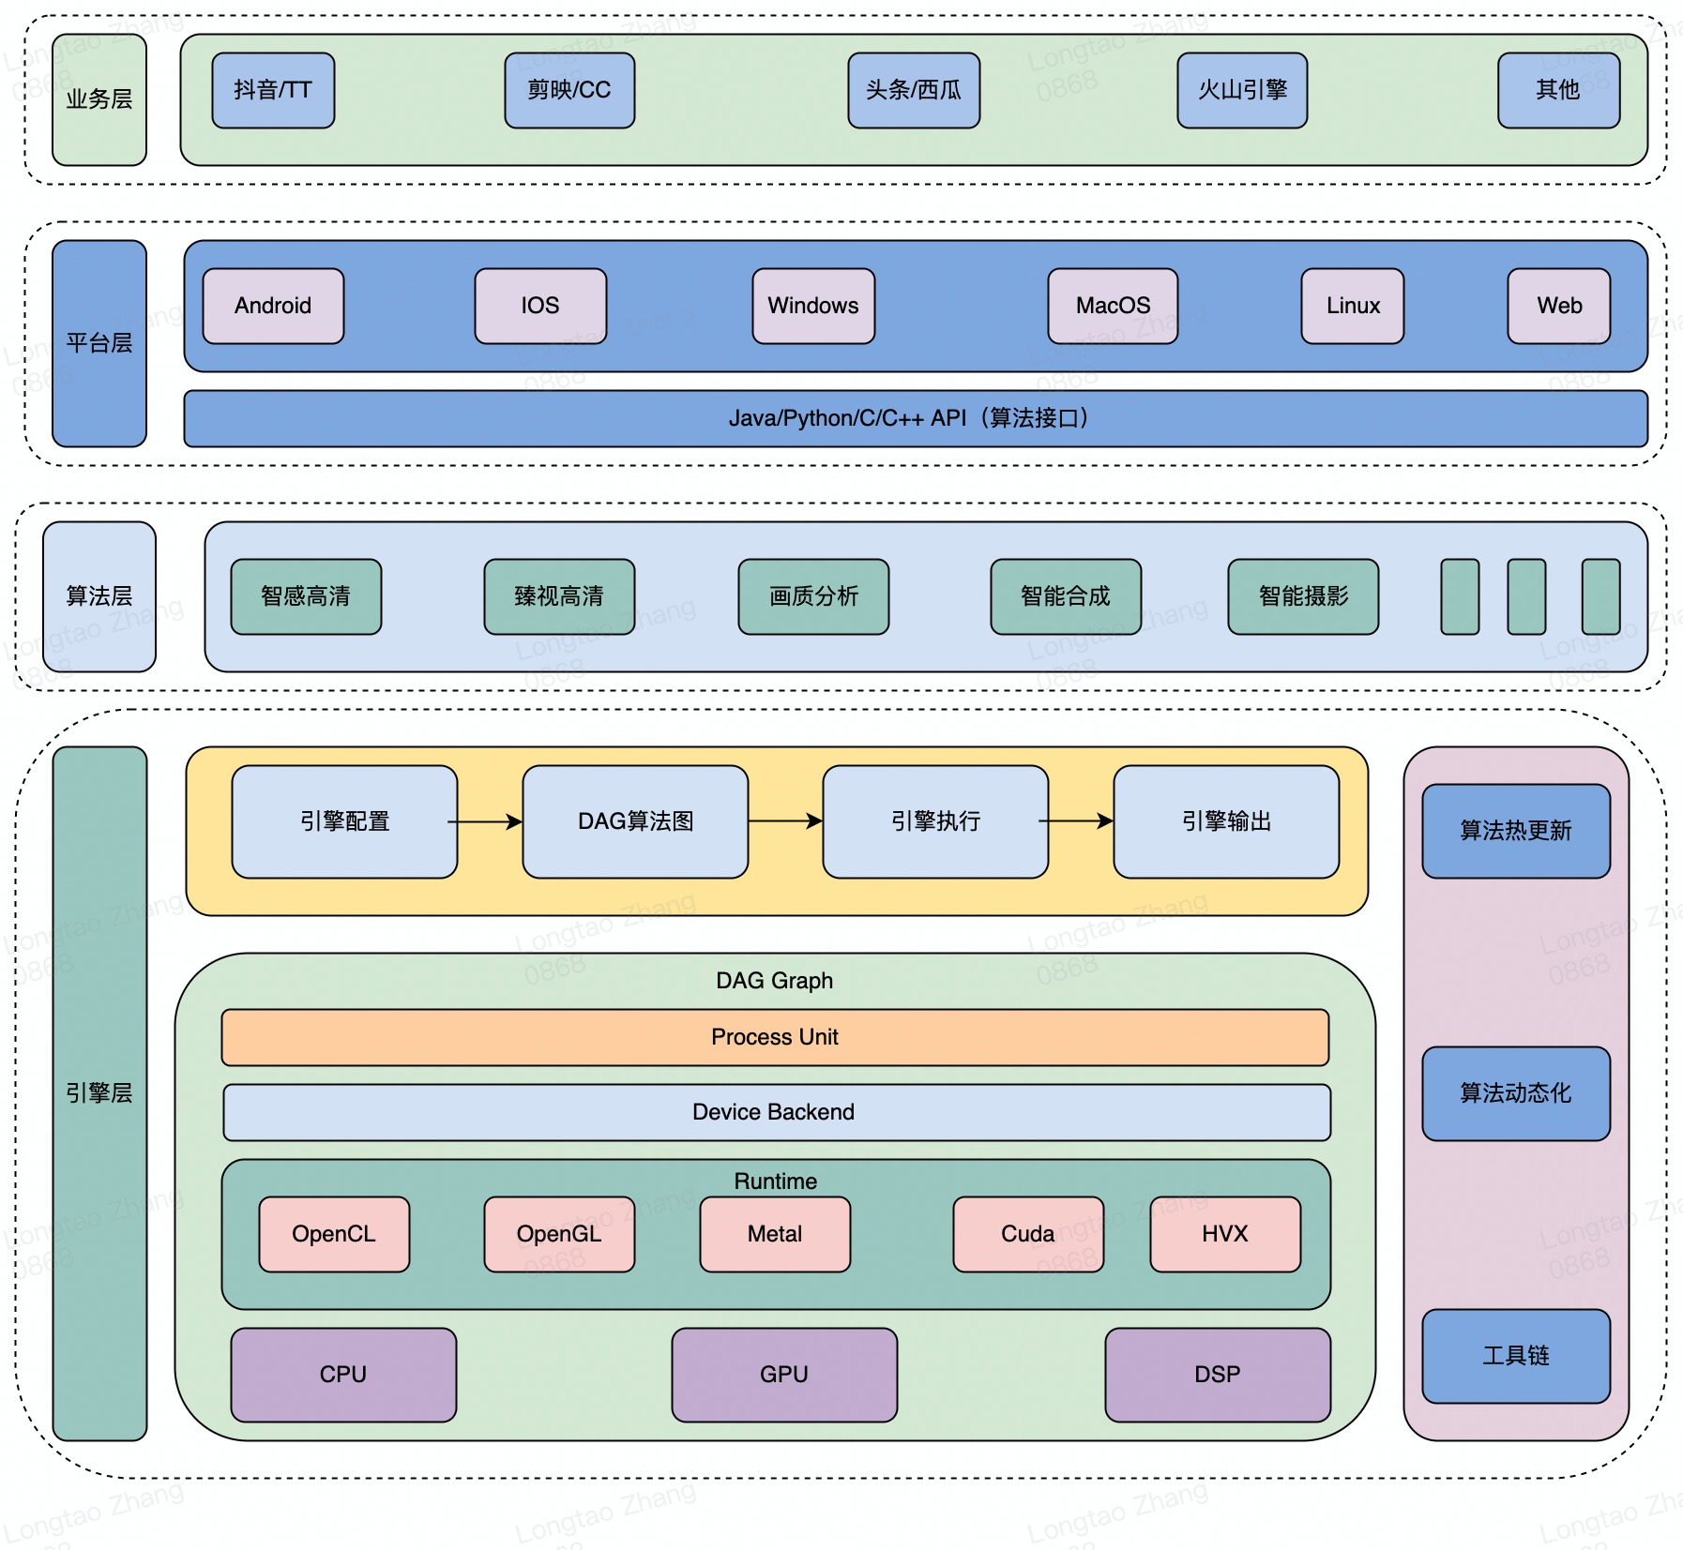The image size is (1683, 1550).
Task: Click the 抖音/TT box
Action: point(273,90)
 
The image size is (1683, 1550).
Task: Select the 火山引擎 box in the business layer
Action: point(1242,90)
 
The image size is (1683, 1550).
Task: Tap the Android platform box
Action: point(273,306)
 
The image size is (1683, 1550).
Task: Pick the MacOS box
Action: point(1113,306)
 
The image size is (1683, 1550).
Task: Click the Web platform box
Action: point(1558,306)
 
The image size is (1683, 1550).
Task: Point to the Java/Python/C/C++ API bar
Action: point(915,418)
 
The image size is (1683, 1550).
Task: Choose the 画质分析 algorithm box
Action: point(813,596)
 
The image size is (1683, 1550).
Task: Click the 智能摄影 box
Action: point(1303,596)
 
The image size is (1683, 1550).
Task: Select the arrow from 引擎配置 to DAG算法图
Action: point(488,821)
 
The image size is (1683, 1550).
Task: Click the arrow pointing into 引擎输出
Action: point(1079,821)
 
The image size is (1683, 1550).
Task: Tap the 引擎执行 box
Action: point(935,821)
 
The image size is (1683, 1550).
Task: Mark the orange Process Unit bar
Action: point(775,1037)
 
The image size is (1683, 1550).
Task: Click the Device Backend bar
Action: point(776,1112)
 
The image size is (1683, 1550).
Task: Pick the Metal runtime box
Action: point(775,1234)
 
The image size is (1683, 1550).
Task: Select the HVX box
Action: point(1225,1234)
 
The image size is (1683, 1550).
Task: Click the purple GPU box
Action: point(784,1375)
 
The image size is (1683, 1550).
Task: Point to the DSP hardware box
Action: point(1218,1375)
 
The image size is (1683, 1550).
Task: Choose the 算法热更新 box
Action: point(1516,831)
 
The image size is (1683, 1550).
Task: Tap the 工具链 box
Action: point(1516,1356)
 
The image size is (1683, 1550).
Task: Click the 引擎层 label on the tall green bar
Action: point(99,1093)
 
